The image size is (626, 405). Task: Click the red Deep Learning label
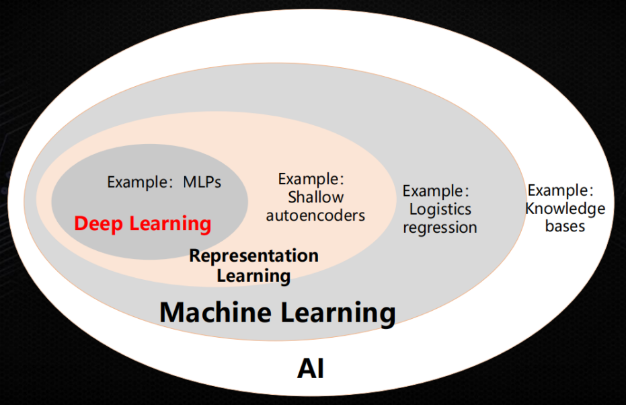tap(143, 223)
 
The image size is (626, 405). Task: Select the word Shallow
tap(315, 197)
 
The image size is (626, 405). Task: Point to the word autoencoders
tap(315, 215)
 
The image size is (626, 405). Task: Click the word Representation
tap(253, 256)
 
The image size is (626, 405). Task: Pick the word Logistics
tap(440, 209)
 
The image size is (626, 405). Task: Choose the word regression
tap(440, 227)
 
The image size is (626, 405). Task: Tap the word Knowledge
tap(565, 209)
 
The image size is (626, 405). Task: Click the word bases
tap(565, 226)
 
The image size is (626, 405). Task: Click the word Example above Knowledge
tap(557, 190)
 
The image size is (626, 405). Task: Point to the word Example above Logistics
tap(433, 192)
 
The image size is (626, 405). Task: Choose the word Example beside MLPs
tap(137, 182)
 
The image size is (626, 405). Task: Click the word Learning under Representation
tap(253, 275)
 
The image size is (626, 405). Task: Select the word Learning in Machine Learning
tap(337, 313)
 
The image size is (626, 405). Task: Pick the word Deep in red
tap(100, 223)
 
